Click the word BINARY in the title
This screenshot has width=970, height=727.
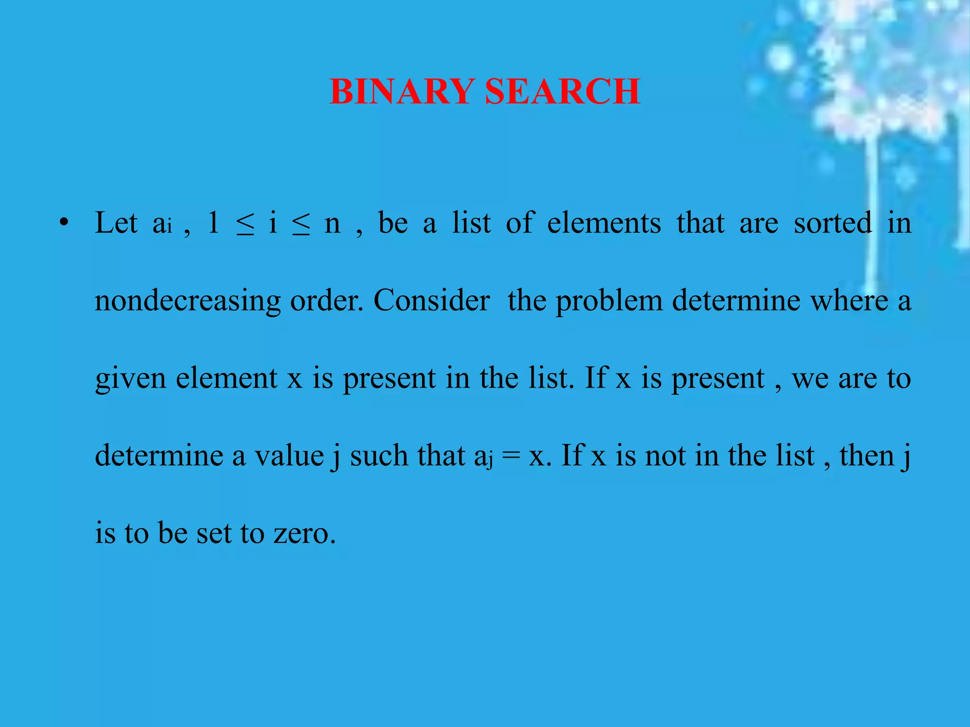(402, 91)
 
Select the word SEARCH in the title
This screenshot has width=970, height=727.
(563, 91)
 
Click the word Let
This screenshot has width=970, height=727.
(116, 222)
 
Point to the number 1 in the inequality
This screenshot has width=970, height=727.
(214, 222)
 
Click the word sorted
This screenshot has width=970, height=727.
(832, 222)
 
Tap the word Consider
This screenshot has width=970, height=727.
(431, 300)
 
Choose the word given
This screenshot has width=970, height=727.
(130, 379)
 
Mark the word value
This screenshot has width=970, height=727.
(289, 455)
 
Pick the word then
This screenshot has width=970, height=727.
(867, 455)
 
